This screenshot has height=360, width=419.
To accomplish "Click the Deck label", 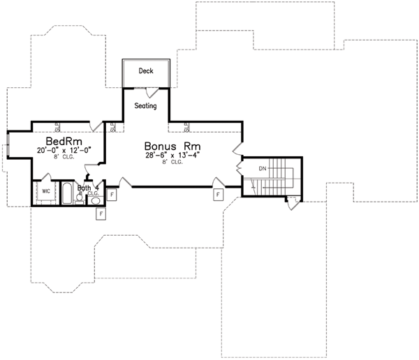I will (145, 71).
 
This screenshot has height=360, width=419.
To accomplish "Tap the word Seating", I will (145, 106).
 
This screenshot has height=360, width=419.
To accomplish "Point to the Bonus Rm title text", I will (170, 147).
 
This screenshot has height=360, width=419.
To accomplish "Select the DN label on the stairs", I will (263, 169).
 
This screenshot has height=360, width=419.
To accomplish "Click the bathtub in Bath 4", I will (67, 193).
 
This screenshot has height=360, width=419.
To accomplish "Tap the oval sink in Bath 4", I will (96, 200).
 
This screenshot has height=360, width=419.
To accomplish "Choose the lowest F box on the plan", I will (101, 212).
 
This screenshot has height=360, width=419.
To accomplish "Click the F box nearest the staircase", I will (218, 193).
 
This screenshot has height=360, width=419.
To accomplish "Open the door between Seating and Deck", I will (149, 91).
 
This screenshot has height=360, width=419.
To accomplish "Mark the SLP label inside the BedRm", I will (58, 127).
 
